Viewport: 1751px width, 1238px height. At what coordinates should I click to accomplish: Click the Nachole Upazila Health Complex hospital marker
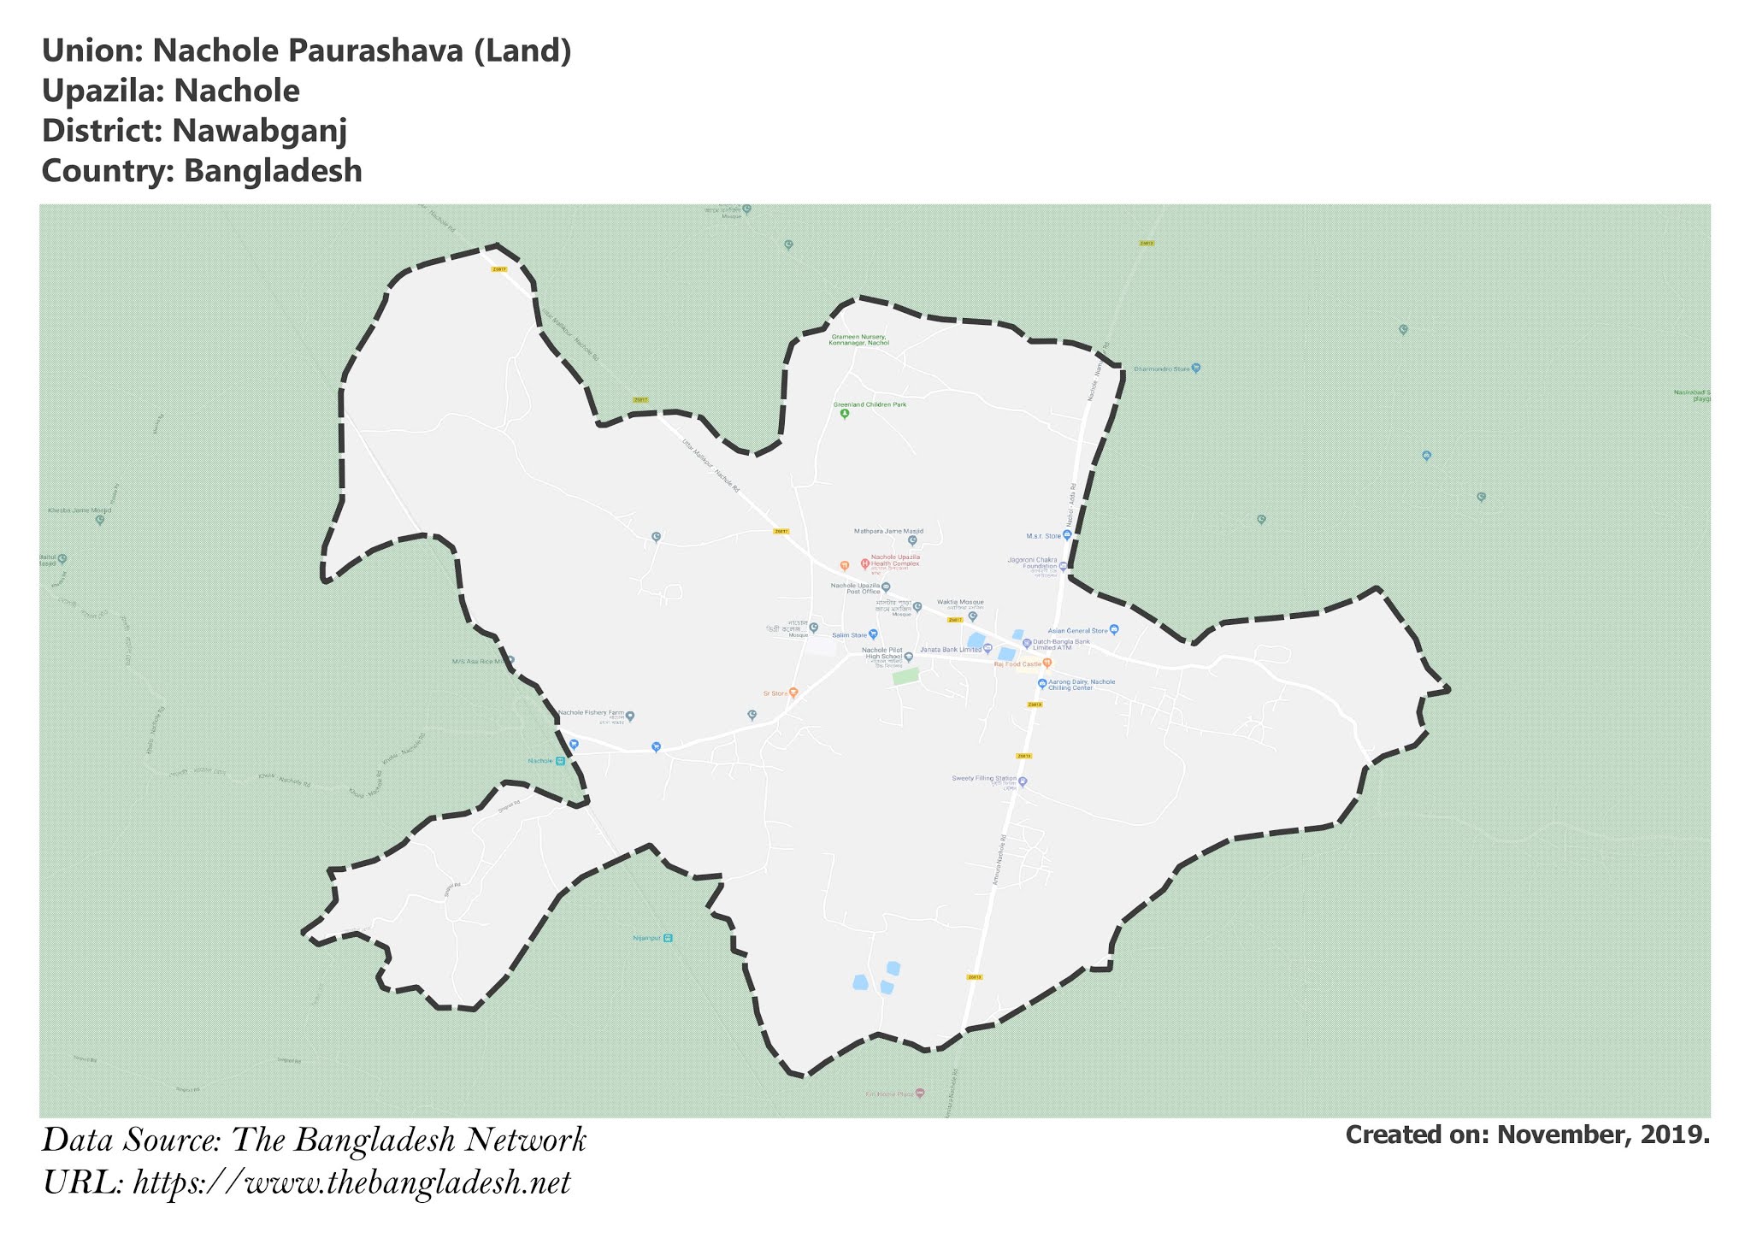[865, 563]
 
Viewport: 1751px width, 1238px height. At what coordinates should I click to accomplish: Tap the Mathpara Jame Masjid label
[888, 531]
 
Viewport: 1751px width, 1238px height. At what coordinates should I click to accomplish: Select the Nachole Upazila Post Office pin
[886, 587]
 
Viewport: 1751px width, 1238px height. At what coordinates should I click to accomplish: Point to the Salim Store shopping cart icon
[873, 634]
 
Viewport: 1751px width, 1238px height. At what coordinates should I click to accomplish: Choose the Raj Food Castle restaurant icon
[1047, 663]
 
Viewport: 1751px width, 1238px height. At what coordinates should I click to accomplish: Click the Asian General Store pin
[1113, 630]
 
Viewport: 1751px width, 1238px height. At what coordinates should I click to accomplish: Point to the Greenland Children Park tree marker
[845, 415]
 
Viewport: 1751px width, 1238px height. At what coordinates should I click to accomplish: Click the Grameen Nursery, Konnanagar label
[859, 339]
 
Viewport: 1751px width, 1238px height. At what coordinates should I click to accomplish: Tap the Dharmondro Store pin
[1196, 368]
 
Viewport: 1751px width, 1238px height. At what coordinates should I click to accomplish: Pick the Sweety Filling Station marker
[1023, 781]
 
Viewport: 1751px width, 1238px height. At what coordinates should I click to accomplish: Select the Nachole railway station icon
[560, 761]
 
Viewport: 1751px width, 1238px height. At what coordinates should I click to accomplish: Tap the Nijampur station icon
[668, 938]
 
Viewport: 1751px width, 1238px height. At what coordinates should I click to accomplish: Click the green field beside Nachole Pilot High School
[905, 676]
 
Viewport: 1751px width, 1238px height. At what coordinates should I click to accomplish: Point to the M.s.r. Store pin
[1067, 535]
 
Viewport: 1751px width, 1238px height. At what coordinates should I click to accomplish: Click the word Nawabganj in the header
[259, 131]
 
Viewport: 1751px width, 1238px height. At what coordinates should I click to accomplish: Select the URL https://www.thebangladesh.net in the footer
[351, 1183]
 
